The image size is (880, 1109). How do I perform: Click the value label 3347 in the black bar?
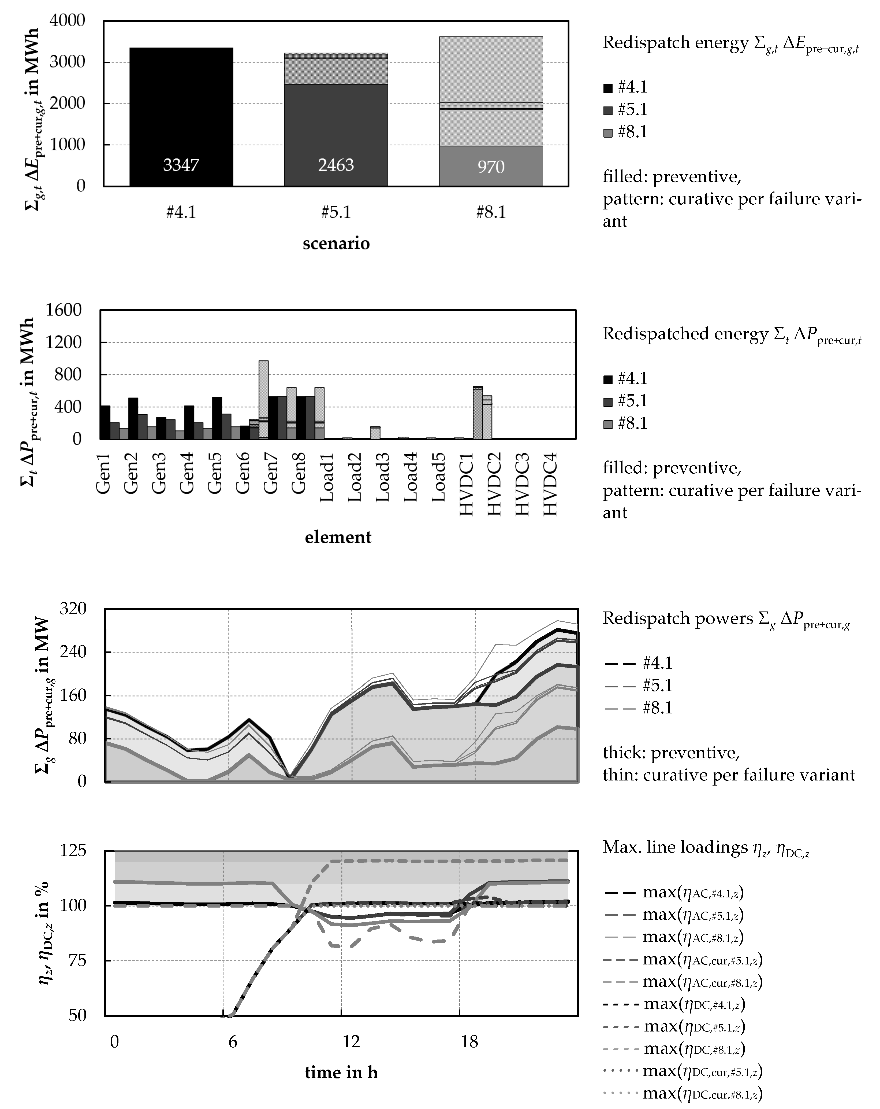tap(181, 165)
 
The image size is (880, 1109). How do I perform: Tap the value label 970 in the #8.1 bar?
tap(491, 167)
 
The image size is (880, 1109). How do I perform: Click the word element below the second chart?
tap(338, 537)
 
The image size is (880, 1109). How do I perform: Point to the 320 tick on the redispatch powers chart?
tap(73, 609)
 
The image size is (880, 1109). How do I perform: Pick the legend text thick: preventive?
tap(671, 753)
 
